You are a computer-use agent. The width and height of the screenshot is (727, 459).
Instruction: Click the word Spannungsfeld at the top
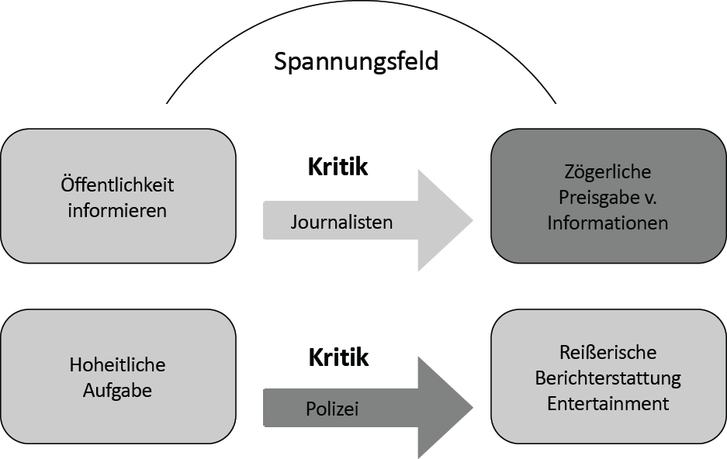(356, 61)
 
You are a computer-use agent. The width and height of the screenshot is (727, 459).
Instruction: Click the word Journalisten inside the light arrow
(341, 223)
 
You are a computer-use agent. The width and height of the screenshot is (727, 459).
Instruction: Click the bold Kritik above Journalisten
(338, 167)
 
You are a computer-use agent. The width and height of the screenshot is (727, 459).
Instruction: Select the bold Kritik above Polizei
(338, 357)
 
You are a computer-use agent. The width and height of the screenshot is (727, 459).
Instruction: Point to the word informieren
(117, 210)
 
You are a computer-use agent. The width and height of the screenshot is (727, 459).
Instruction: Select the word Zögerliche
(608, 172)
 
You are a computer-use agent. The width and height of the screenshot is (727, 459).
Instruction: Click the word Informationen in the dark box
(608, 223)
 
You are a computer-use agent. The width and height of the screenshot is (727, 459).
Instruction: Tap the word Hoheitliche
(117, 365)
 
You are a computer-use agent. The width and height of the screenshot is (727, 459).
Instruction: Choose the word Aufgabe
(117, 390)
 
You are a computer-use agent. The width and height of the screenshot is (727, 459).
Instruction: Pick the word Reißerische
(608, 353)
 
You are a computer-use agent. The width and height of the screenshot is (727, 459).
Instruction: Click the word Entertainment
(608, 404)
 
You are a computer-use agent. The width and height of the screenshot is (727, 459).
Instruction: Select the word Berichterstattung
(608, 378)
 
